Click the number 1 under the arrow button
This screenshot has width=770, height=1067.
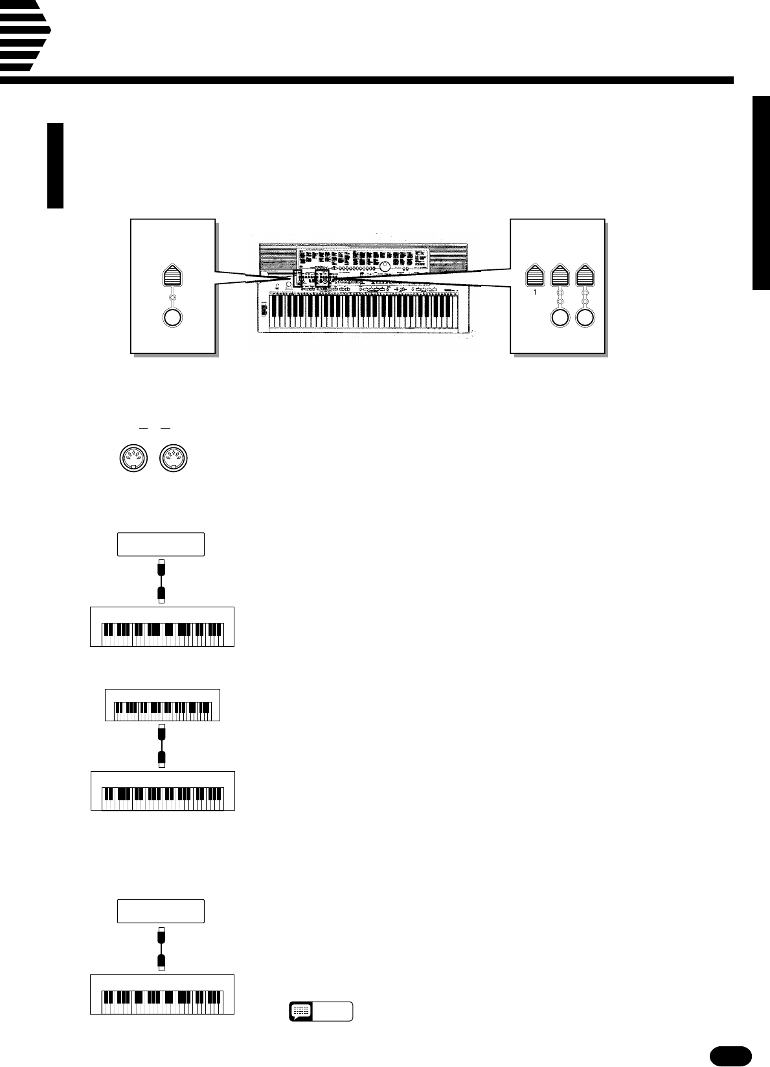coord(535,292)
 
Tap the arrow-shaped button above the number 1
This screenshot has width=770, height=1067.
coord(534,275)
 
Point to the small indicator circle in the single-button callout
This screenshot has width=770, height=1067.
coord(172,298)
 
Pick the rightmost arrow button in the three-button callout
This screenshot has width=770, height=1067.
coord(585,275)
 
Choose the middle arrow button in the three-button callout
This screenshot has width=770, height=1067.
coord(560,275)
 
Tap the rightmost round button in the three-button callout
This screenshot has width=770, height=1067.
coord(585,318)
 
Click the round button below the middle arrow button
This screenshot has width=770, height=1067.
coord(560,318)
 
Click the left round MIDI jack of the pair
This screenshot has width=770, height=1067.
coord(135,459)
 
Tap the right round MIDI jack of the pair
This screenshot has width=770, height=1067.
coord(172,459)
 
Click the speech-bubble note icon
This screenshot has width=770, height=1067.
coord(302,1011)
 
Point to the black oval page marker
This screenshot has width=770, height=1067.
coord(730,1055)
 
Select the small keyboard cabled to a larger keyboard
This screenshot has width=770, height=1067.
coord(162,705)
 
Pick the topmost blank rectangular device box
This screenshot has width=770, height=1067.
coord(161,544)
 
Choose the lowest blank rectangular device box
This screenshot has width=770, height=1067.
coord(161,910)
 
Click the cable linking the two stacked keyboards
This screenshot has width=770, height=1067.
coord(162,745)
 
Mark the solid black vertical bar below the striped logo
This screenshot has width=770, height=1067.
coord(56,166)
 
